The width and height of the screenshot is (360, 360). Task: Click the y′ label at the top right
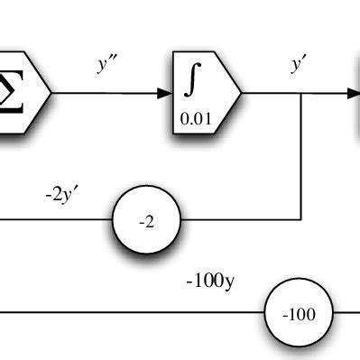(298, 64)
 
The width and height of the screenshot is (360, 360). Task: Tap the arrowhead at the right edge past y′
(353, 93)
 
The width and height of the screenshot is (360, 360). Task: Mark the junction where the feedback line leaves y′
(300, 93)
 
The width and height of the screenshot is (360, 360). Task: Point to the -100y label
(210, 281)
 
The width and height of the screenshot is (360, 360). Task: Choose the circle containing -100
(299, 314)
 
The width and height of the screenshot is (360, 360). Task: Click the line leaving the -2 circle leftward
(54, 219)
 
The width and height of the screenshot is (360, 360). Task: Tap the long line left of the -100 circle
(135, 313)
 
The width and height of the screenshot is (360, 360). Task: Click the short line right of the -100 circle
(346, 313)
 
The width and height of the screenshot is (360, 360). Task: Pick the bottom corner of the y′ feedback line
(300, 219)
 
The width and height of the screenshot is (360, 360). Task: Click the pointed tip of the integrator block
(241, 93)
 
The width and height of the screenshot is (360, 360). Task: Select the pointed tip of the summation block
(51, 93)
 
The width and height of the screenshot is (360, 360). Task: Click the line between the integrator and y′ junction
(271, 93)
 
